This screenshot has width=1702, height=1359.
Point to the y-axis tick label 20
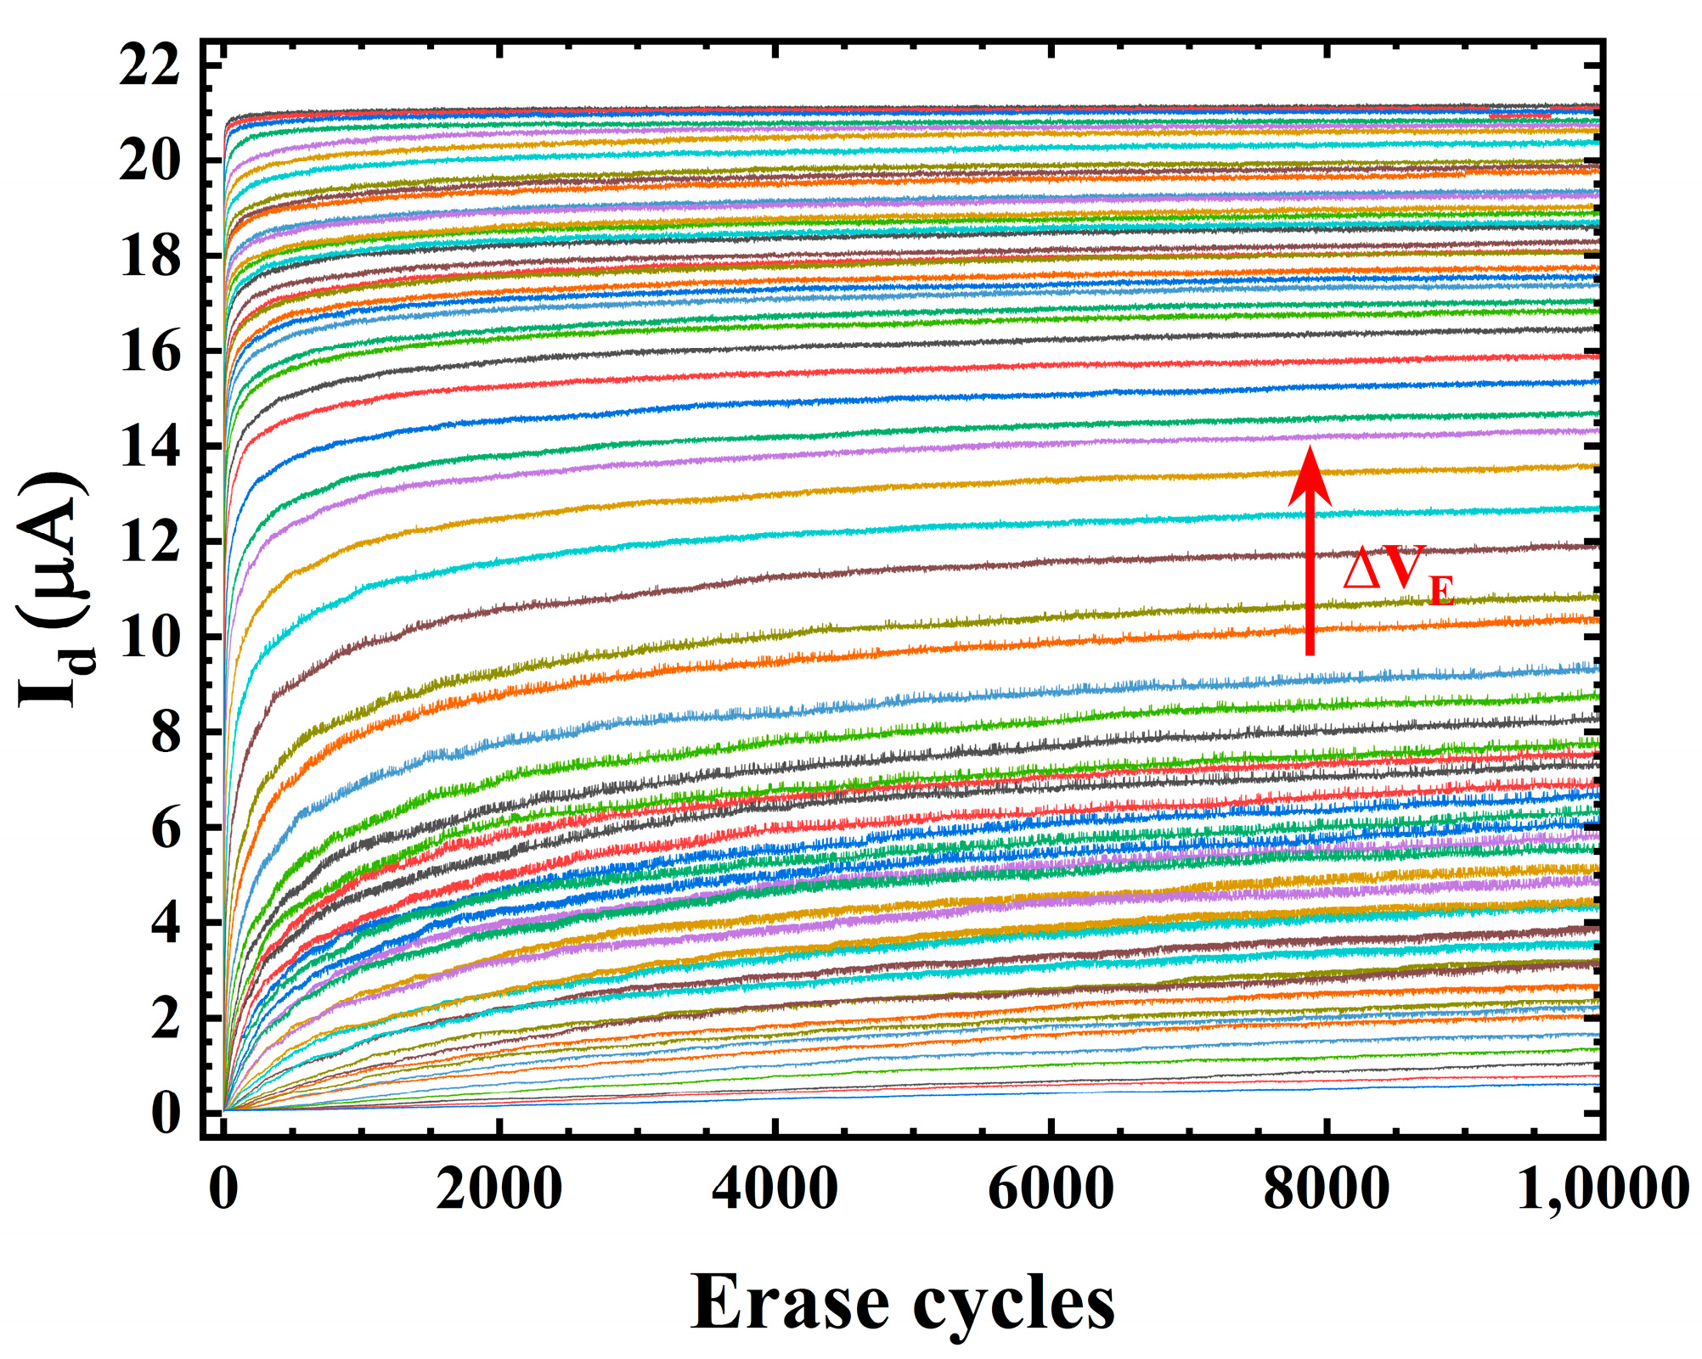click(x=149, y=160)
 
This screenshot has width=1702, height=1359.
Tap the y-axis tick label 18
click(x=149, y=256)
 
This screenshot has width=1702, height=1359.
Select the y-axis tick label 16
click(x=149, y=352)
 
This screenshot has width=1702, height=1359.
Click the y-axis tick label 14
click(x=149, y=447)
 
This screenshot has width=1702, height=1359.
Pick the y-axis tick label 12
click(x=149, y=542)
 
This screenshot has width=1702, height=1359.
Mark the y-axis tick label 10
click(x=149, y=637)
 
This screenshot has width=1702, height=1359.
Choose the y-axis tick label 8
click(x=166, y=733)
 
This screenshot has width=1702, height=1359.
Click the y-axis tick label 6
click(x=166, y=828)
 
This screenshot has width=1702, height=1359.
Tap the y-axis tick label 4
click(x=166, y=923)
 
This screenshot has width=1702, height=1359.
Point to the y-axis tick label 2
click(x=166, y=1019)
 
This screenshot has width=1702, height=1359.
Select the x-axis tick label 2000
click(x=499, y=1188)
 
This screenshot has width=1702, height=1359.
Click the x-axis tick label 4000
click(x=775, y=1188)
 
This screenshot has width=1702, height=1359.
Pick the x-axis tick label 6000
click(x=1051, y=1188)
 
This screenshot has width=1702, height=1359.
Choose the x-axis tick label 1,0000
click(x=1602, y=1188)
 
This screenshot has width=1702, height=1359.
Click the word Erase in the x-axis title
click(x=790, y=1303)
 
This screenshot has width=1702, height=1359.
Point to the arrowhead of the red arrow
click(x=1310, y=475)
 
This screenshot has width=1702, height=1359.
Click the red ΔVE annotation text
click(x=1398, y=573)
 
